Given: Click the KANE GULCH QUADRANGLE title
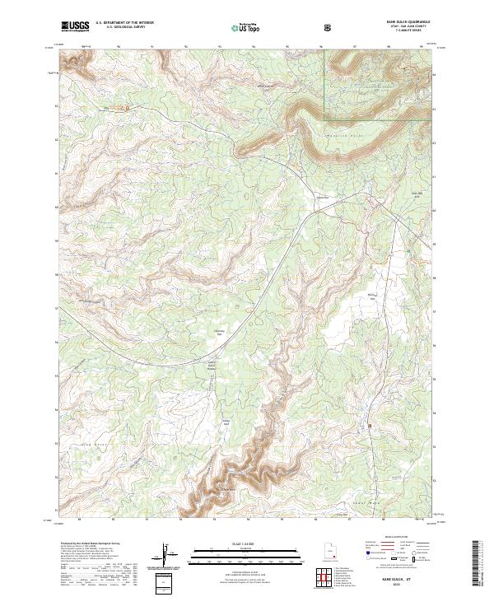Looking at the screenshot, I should point(401,22).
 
